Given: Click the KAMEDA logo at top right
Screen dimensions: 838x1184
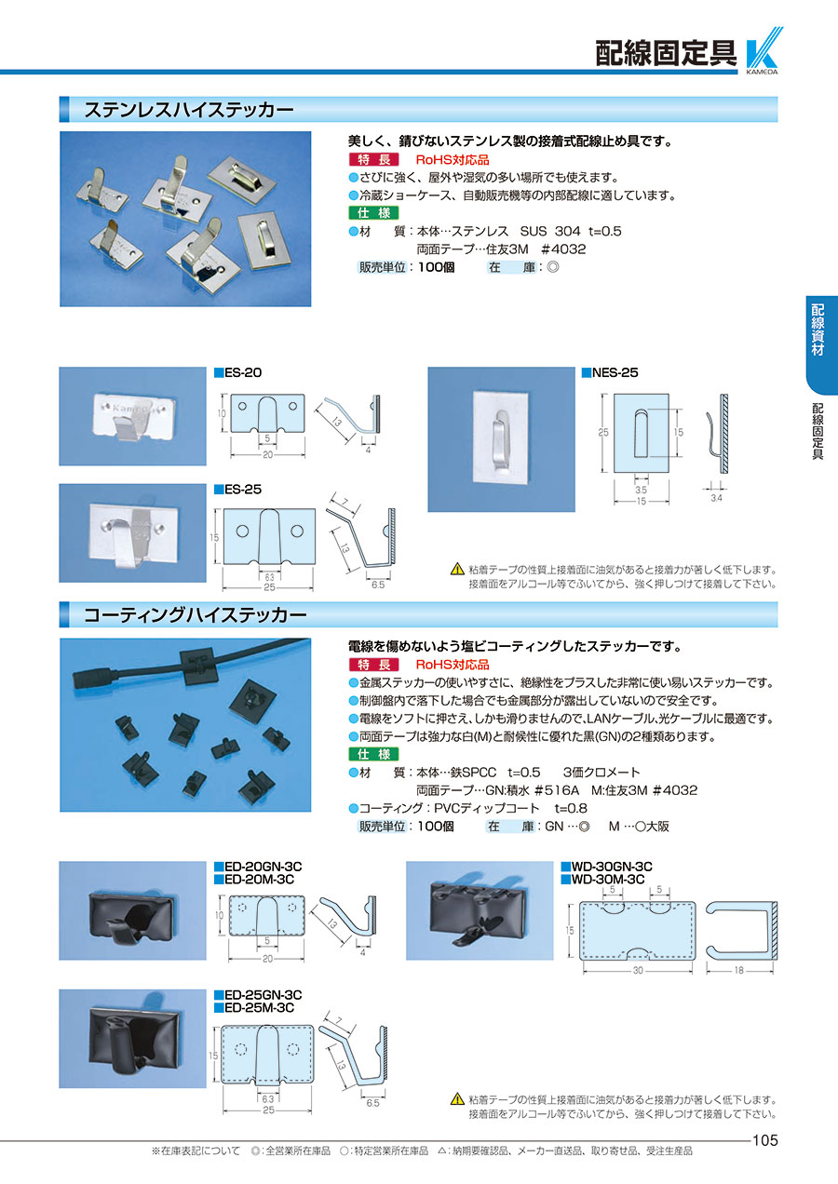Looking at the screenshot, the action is [764, 50].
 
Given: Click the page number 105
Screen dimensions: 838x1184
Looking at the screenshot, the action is [765, 1140].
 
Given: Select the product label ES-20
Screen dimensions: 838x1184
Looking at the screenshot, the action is [243, 372].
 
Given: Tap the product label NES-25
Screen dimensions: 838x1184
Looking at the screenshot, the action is [615, 372].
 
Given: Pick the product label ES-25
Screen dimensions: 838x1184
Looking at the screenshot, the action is [243, 490].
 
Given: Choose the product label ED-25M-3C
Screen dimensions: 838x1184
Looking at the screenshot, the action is [259, 1007].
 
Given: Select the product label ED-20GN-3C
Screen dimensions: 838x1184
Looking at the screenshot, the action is [263, 867].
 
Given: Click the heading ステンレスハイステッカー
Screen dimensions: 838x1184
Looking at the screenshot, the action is [189, 110].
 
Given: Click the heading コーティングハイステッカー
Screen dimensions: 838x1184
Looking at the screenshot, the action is [196, 614].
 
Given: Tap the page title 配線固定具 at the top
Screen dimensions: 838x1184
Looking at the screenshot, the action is [666, 53].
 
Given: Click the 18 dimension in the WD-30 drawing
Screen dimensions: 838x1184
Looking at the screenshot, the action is [738, 970].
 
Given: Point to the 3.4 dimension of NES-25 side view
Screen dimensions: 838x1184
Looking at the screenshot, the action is [716, 498].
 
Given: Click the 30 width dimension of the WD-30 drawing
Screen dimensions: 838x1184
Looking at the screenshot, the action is [638, 971].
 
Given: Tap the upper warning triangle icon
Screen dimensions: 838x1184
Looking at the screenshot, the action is [457, 570].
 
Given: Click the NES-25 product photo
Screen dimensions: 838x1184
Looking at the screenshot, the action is [501, 439].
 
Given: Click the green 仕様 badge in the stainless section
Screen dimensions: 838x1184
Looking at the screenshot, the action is [373, 213].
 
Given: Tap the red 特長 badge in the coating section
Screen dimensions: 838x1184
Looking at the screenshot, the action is [373, 665].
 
